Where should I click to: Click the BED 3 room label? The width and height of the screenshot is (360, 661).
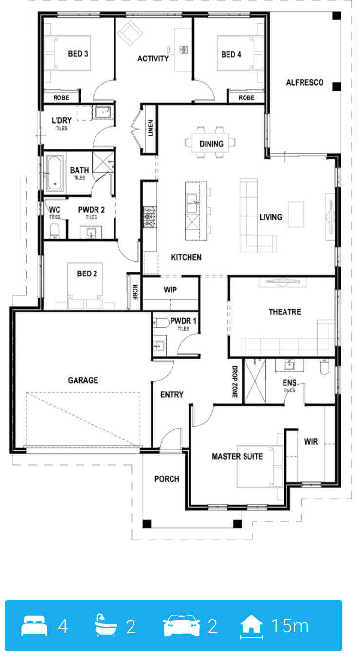[78, 54]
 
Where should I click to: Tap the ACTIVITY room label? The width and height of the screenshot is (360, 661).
[153, 58]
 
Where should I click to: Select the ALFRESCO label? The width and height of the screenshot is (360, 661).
[305, 82]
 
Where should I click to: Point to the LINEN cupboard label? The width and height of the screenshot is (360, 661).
[151, 128]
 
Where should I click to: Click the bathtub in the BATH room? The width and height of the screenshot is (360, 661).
[55, 173]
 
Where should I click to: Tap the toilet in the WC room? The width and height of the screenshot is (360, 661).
[55, 231]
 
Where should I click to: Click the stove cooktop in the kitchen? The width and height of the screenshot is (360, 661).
[150, 217]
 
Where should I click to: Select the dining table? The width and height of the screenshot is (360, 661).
[210, 142]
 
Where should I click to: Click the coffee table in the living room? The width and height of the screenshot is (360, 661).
[296, 214]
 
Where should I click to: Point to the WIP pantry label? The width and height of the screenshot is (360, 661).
[170, 290]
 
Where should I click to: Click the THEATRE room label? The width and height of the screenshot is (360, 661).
[285, 312]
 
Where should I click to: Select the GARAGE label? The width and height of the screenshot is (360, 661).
[83, 380]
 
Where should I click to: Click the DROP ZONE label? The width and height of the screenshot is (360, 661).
[235, 382]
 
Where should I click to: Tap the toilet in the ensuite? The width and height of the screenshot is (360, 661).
[324, 367]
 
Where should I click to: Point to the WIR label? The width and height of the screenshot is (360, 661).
[311, 442]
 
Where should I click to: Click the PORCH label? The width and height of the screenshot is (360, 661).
[167, 479]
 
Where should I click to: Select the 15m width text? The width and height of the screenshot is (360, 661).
[290, 626]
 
